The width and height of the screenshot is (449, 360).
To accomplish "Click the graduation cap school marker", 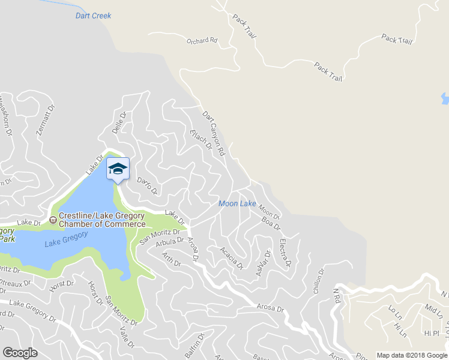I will (x=118, y=169).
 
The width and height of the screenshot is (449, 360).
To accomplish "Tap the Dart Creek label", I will (x=93, y=16).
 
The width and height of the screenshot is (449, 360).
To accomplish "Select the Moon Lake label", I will (x=237, y=204).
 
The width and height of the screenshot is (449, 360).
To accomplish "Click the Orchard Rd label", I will (x=201, y=41).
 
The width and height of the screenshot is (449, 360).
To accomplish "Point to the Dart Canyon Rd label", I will (x=213, y=133).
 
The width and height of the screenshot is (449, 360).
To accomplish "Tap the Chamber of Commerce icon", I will (x=53, y=220).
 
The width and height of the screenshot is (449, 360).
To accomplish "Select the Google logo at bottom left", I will (x=20, y=353).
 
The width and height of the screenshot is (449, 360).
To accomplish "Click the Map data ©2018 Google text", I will (x=412, y=355).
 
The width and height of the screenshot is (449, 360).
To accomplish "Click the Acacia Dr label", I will (x=231, y=257).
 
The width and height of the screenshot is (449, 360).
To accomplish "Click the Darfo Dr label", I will (x=147, y=186).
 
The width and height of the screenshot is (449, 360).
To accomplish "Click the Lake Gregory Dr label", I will (x=29, y=308).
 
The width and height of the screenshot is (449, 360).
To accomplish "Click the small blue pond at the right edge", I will (x=445, y=98).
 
